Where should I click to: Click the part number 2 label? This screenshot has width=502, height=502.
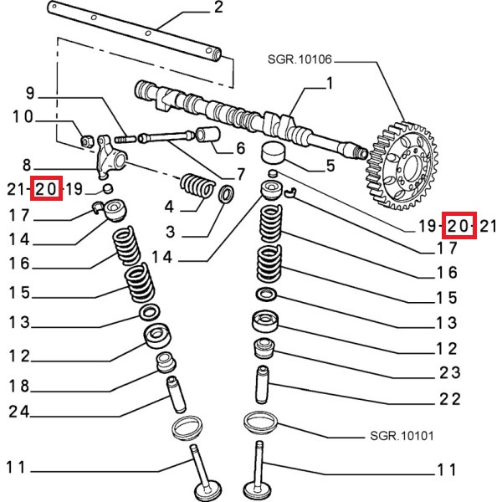(x=218, y=9)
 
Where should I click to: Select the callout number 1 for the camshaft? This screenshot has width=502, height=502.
(x=329, y=83)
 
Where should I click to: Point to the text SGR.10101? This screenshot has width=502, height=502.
(x=401, y=436)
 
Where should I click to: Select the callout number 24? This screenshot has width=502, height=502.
(x=19, y=412)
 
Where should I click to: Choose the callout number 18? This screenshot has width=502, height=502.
(x=19, y=386)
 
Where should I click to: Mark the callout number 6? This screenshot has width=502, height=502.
(x=241, y=150)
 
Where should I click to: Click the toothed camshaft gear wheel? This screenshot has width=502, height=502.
(x=401, y=166)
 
